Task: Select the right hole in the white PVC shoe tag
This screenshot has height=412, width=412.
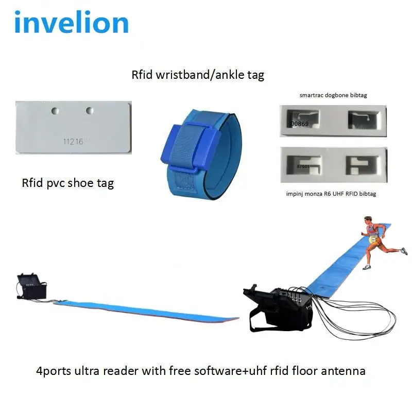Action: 90,110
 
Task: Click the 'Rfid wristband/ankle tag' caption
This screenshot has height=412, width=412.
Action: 198,75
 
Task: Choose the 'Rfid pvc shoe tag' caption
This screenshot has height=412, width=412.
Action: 67,183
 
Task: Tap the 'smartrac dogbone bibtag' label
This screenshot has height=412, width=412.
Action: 333,95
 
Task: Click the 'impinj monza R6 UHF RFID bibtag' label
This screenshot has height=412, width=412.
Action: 331,193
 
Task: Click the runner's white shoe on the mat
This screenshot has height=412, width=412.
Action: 367,267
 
